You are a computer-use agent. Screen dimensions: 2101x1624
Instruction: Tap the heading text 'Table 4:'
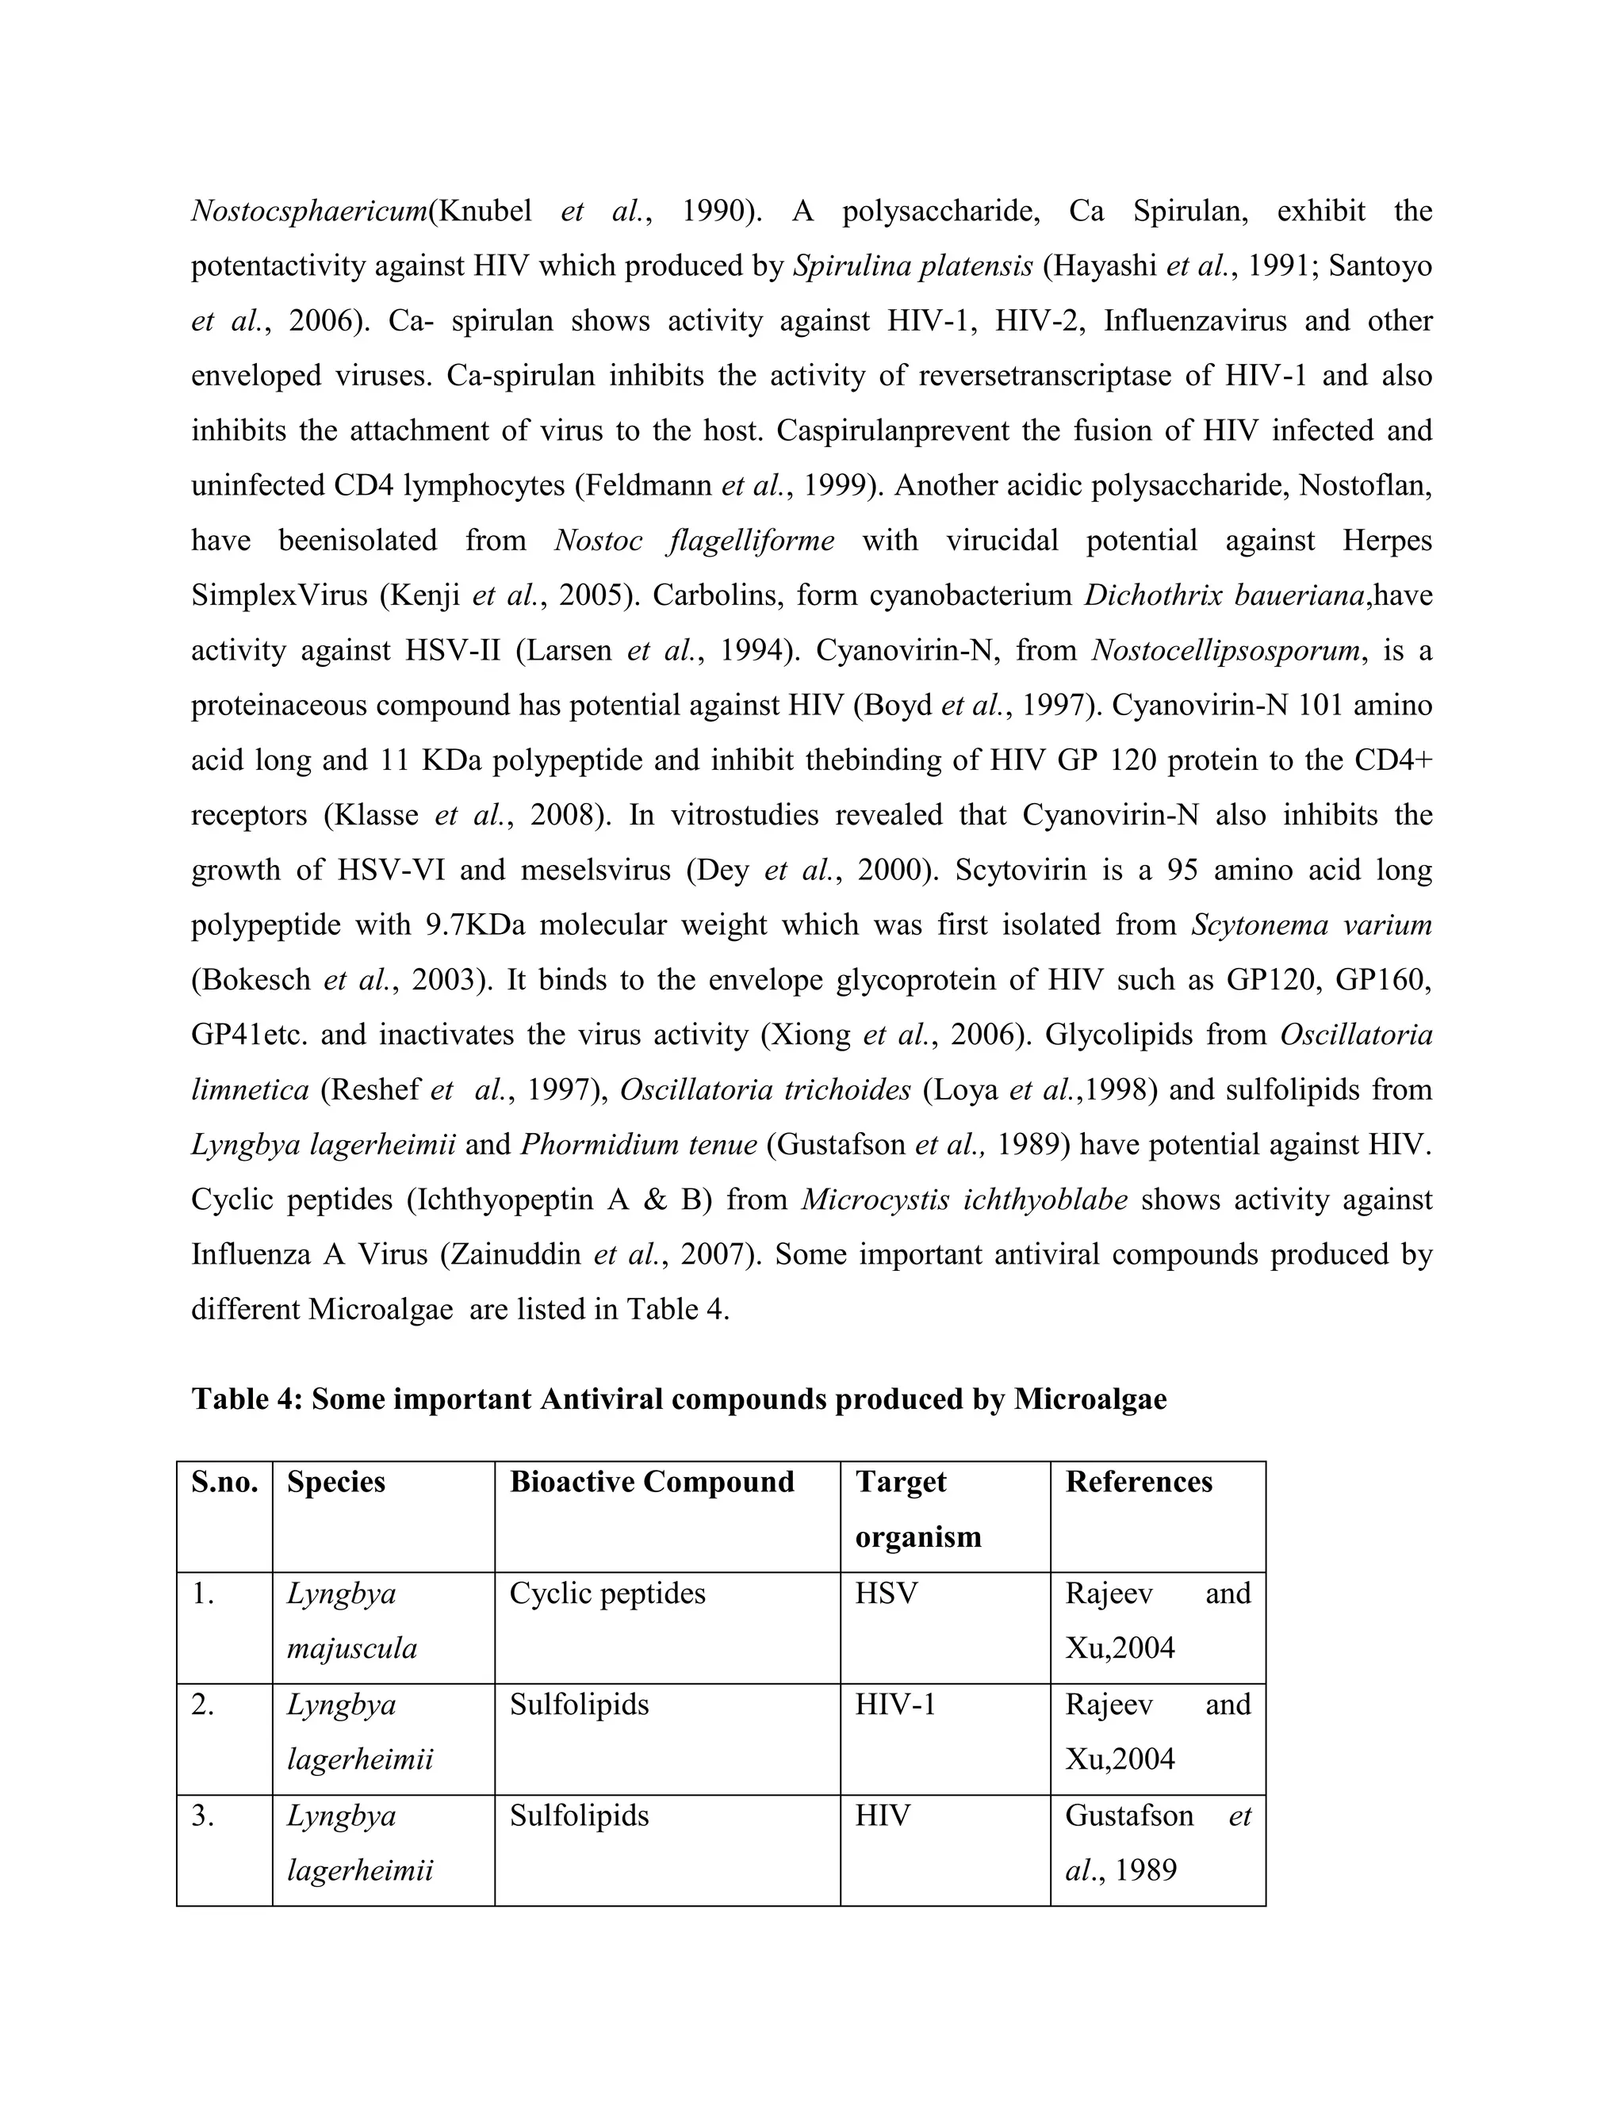(x=248, y=1399)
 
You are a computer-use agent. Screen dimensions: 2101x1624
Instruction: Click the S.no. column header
(x=224, y=1483)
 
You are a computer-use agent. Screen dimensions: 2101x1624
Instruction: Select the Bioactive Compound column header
(x=651, y=1483)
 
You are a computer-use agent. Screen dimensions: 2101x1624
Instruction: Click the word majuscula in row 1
(x=352, y=1648)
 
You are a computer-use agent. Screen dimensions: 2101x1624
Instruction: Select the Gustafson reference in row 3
(x=1128, y=1816)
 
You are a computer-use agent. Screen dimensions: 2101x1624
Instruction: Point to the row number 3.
(x=202, y=1816)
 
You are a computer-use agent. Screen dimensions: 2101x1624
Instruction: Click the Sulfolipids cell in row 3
(x=579, y=1816)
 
